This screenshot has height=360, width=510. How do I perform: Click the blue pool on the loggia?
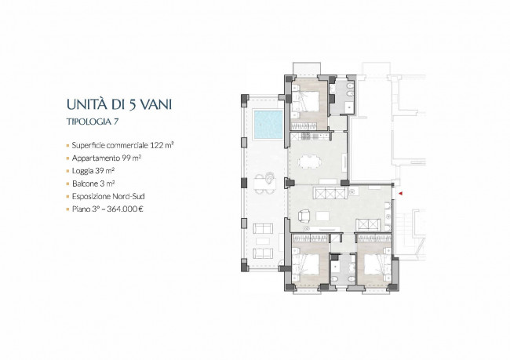[x=268, y=125]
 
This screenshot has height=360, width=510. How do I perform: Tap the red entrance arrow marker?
[x=401, y=194]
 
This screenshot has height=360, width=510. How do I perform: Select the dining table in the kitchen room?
[x=310, y=162]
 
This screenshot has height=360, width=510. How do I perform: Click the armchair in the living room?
[x=304, y=215]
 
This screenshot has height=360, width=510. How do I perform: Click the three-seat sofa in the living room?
[x=330, y=193]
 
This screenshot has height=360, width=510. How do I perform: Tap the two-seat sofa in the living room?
[x=368, y=225]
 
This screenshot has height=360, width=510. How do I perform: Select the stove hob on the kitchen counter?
[x=306, y=136]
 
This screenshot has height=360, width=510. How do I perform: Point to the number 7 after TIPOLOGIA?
[x=116, y=122]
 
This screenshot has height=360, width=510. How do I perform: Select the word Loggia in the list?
[x=82, y=171]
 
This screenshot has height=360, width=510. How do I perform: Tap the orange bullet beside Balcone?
[x=68, y=184]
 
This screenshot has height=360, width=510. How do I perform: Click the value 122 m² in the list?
[x=162, y=145]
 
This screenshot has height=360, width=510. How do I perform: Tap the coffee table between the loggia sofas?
[x=263, y=241]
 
